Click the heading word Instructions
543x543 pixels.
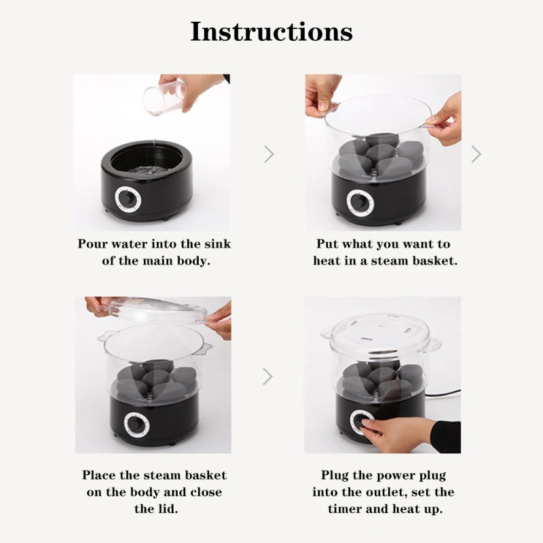(271, 31)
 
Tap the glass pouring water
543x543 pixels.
(164, 97)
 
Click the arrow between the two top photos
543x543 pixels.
(269, 154)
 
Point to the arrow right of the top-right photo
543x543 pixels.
(476, 154)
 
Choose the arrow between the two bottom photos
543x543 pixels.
(269, 375)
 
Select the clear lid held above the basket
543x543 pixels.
(157, 310)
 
